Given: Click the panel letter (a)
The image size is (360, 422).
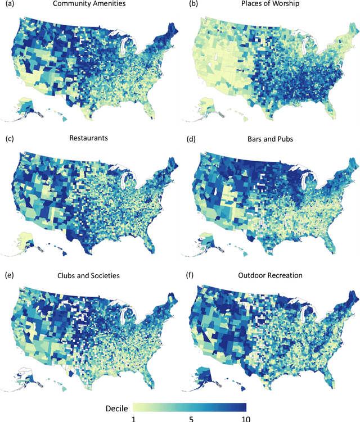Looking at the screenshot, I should tap(8, 4).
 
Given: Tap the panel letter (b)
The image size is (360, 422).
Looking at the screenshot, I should tap(185, 4).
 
